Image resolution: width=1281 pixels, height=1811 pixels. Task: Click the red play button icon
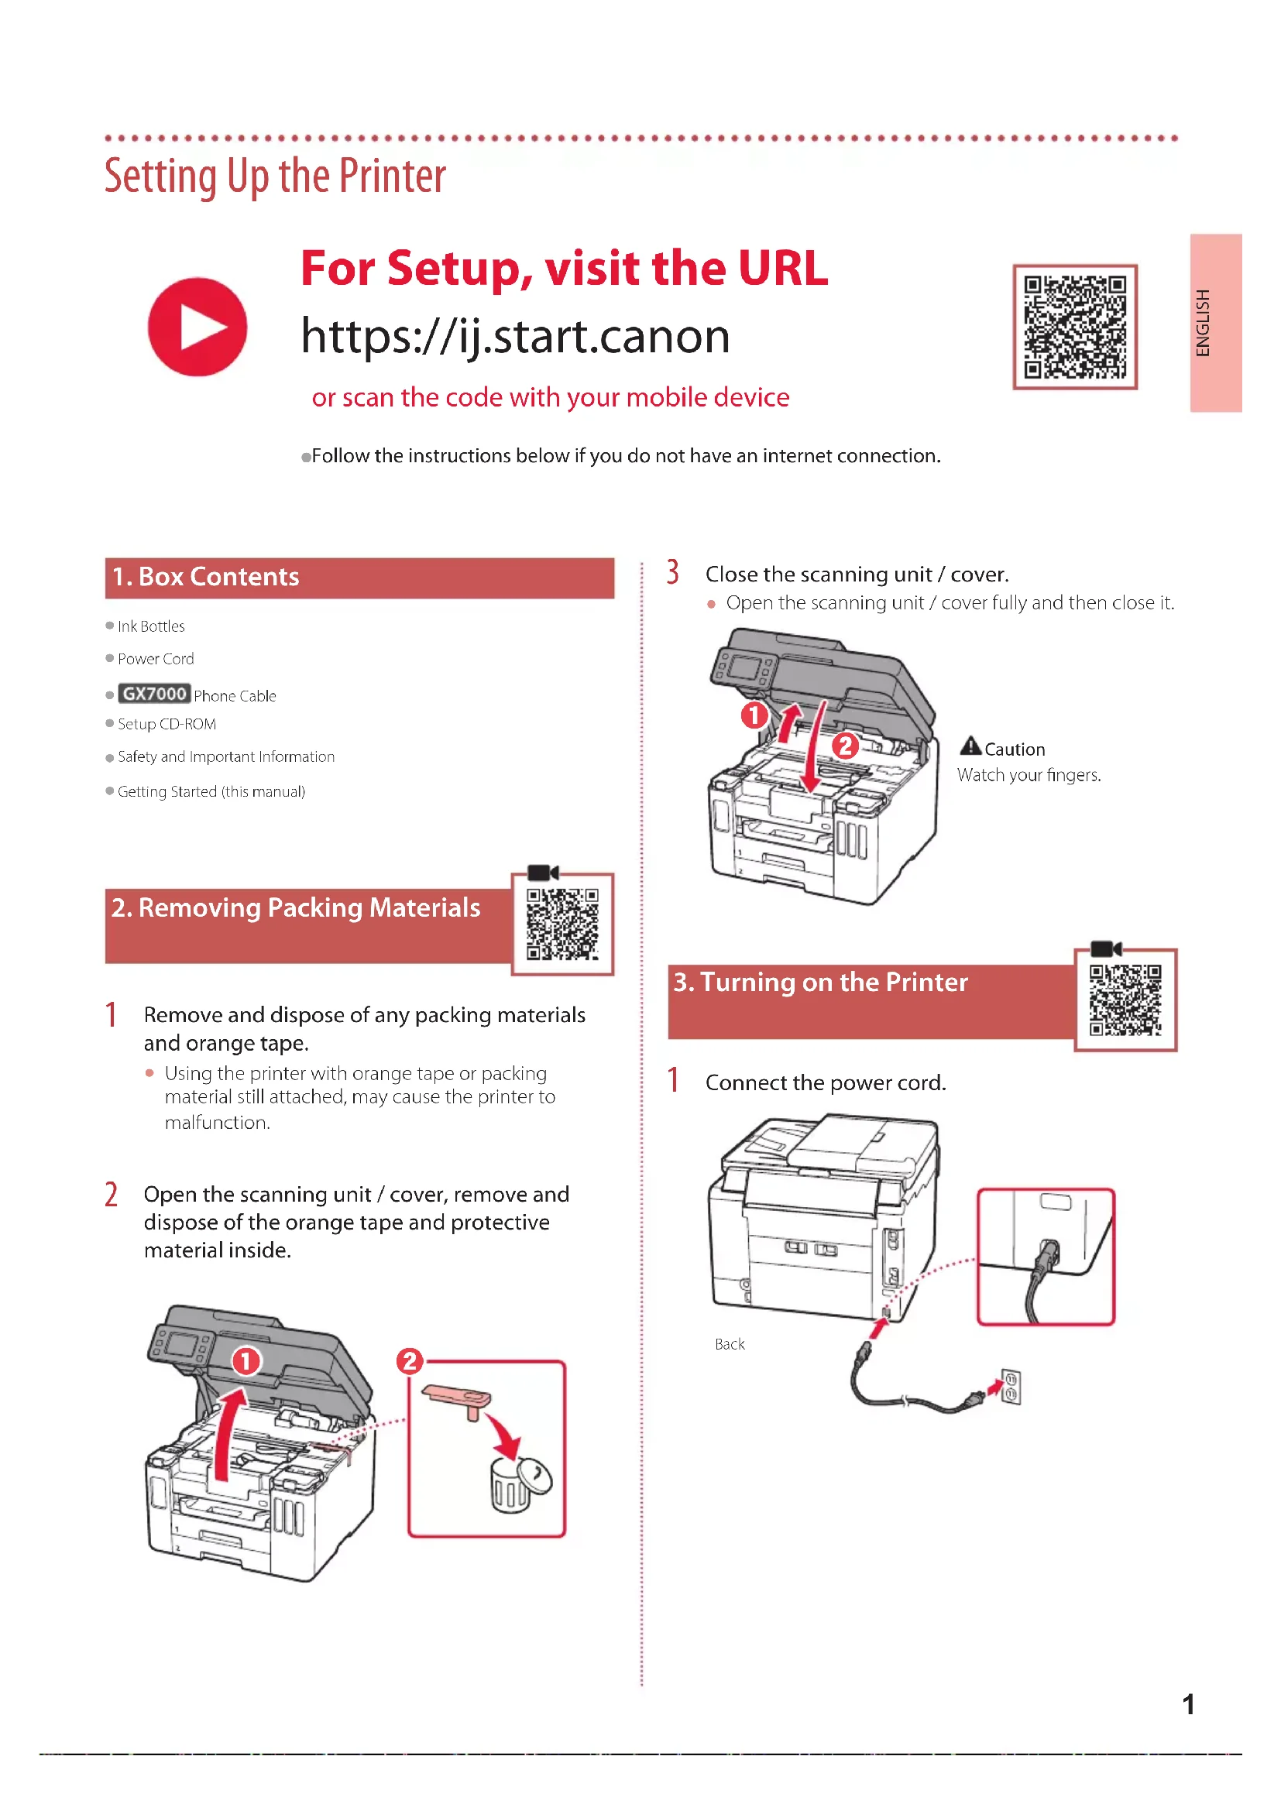coord(197,327)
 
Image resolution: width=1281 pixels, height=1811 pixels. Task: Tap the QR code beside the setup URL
coord(1074,327)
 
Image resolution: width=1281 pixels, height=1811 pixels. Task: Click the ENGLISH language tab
coord(1215,323)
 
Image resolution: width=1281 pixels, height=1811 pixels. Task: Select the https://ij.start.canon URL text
coord(515,336)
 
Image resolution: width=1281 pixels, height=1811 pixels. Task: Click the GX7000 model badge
coord(154,694)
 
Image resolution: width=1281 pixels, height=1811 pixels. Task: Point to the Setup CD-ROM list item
coord(167,724)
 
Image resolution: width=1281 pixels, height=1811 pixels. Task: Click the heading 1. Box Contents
coord(205,577)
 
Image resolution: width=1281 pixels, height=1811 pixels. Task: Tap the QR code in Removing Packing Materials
coord(562,924)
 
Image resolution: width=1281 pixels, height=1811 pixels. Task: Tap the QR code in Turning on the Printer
coord(1125,1000)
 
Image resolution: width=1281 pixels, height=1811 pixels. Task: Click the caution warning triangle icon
coord(970,746)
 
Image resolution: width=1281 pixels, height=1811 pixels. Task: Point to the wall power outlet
coord(1011,1387)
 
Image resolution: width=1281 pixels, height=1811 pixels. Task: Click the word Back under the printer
coord(730,1344)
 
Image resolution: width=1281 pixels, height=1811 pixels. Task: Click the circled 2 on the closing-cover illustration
coord(846,746)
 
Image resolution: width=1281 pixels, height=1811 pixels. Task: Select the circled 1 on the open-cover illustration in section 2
coord(246,1360)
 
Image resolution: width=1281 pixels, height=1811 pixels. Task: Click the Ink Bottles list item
coord(151,626)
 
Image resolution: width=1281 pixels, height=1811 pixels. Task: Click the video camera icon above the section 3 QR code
coord(1105,949)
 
